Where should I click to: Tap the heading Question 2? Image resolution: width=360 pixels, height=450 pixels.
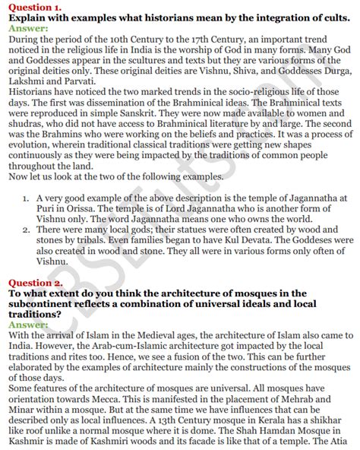32,283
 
